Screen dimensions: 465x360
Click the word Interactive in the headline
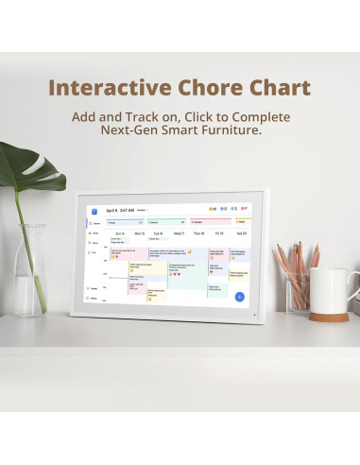(x=102, y=89)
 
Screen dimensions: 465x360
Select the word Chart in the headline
(x=275, y=89)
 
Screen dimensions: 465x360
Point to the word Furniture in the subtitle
(x=230, y=130)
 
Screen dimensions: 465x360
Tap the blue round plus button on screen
(x=239, y=297)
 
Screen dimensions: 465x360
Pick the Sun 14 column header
(x=120, y=232)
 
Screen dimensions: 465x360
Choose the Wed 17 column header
(x=179, y=232)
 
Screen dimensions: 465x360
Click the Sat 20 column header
(x=242, y=232)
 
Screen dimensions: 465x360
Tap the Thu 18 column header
(x=198, y=232)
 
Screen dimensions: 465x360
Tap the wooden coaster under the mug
(x=332, y=313)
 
